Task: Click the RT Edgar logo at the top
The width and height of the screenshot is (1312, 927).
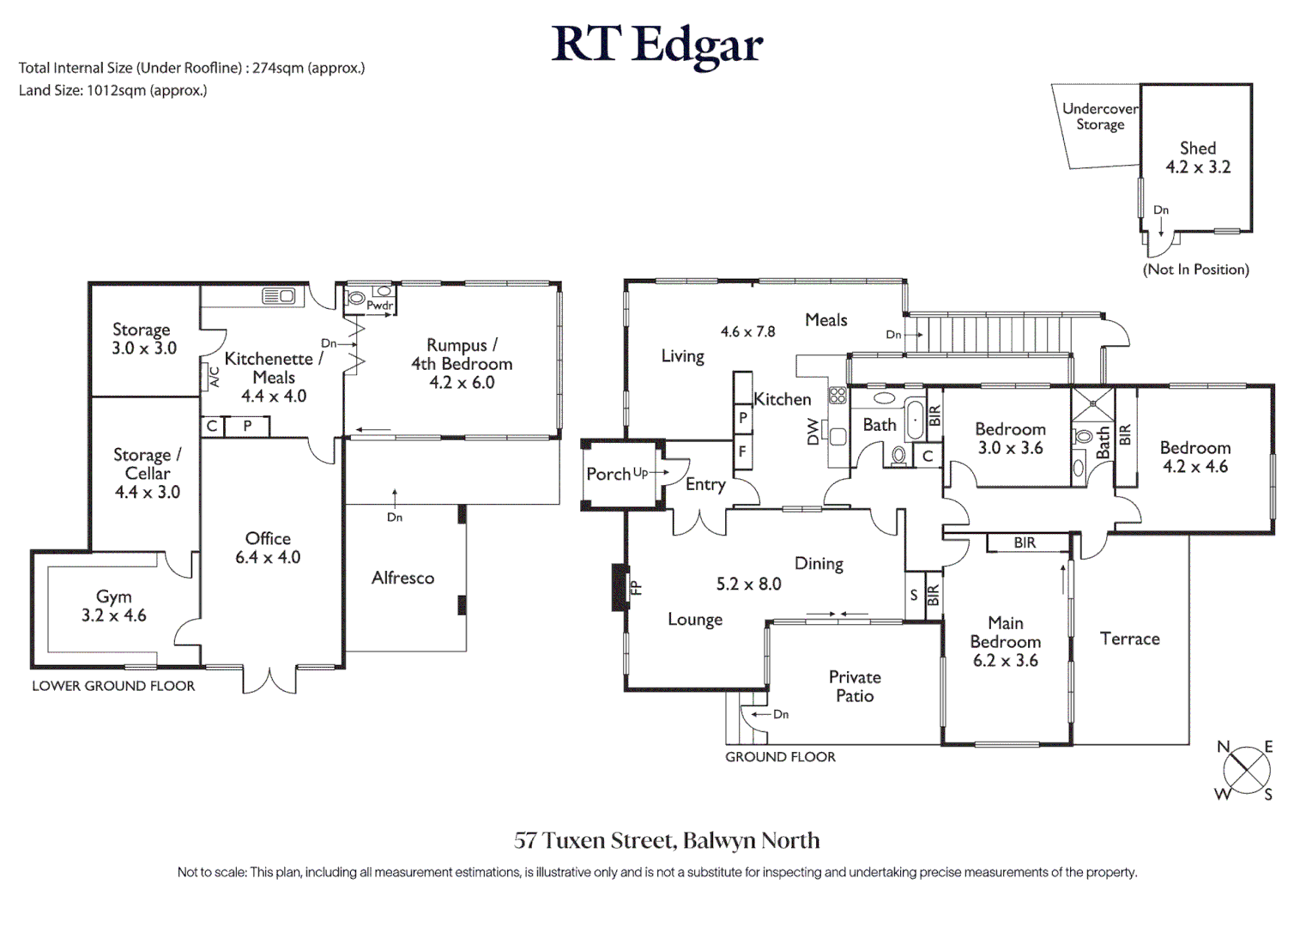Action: click(x=656, y=45)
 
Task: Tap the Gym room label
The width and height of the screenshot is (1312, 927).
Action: click(x=114, y=597)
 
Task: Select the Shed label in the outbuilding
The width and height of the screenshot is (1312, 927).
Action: click(x=1197, y=148)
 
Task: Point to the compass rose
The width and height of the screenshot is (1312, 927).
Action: click(x=1246, y=769)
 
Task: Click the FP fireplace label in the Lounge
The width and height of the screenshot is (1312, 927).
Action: click(x=636, y=588)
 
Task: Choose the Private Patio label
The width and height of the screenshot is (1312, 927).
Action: click(x=855, y=686)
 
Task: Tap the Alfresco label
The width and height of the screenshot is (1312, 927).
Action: click(x=402, y=578)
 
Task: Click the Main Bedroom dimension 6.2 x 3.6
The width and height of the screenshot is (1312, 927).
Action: click(x=1005, y=661)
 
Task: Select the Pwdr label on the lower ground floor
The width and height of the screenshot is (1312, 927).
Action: click(x=379, y=306)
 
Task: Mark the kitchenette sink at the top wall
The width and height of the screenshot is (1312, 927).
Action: click(x=279, y=296)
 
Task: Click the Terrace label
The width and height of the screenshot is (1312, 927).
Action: click(x=1129, y=639)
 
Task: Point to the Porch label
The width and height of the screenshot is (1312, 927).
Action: click(x=608, y=474)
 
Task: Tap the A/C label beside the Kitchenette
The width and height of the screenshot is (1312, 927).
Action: click(x=214, y=377)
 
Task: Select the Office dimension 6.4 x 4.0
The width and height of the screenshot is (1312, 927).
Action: click(x=268, y=557)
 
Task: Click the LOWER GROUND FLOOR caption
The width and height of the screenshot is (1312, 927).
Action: click(x=113, y=686)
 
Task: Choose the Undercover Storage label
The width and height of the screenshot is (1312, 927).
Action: click(x=1100, y=117)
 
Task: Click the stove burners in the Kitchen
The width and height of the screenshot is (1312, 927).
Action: click(x=837, y=395)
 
